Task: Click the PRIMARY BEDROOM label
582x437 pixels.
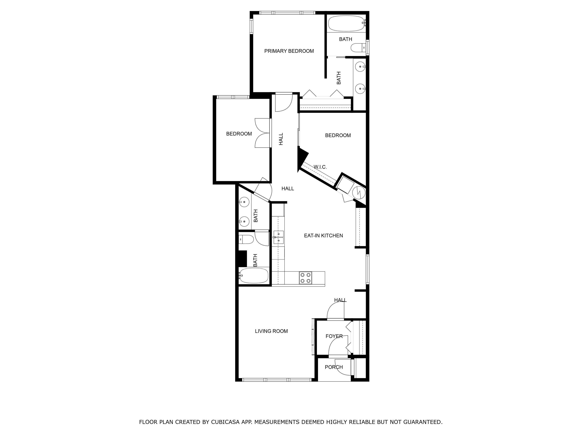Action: coord(289,51)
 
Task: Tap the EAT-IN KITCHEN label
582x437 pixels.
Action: coord(323,236)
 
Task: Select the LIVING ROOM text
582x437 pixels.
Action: coord(271,331)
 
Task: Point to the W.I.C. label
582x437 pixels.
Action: coord(320,167)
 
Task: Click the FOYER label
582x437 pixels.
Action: coord(334,336)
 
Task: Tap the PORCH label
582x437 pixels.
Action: coord(334,367)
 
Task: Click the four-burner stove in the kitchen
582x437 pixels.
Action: coord(305,278)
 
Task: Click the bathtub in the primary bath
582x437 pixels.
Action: coord(346,24)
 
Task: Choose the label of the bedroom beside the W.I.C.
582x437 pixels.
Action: coord(338,135)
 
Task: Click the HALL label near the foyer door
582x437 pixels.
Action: coord(340,300)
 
